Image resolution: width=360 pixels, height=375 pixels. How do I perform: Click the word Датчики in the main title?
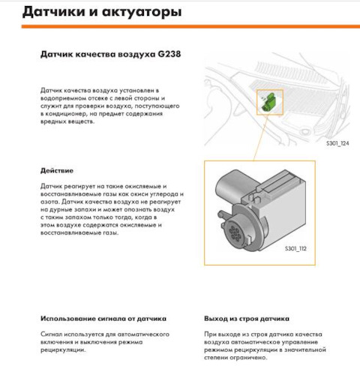pyautogui.click(x=54, y=12)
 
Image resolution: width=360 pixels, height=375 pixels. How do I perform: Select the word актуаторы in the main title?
pyautogui.click(x=142, y=12)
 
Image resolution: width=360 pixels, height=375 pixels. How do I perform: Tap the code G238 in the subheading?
pyautogui.click(x=169, y=54)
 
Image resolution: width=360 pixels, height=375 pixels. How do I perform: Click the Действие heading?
pyautogui.click(x=57, y=171)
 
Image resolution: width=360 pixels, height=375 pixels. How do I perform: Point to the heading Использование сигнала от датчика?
pyautogui.click(x=103, y=319)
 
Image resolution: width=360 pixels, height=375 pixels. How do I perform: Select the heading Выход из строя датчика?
pyautogui.click(x=247, y=319)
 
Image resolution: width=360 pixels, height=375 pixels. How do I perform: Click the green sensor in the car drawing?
pyautogui.click(x=268, y=101)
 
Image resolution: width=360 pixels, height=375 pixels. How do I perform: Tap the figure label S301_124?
pyautogui.click(x=337, y=143)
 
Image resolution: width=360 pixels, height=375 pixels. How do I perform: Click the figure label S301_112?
pyautogui.click(x=295, y=248)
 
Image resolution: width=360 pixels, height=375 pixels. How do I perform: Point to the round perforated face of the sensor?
pyautogui.click(x=234, y=233)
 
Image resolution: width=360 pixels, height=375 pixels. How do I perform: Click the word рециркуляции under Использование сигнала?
pyautogui.click(x=63, y=350)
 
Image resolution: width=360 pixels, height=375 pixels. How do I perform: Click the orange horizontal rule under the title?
pyautogui.click(x=190, y=26)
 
